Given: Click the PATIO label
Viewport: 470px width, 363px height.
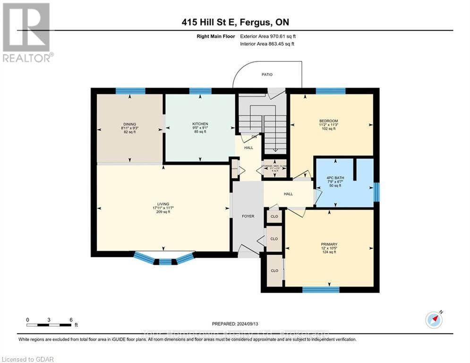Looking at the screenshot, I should [267, 75].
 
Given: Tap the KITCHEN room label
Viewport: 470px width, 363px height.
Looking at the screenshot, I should [200, 124].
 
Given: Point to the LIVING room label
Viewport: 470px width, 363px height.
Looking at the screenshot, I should [163, 204].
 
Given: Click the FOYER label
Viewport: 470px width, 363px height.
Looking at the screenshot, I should [248, 216].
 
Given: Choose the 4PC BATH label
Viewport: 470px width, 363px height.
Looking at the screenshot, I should [337, 178].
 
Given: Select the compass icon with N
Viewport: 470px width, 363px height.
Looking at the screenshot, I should [433, 320].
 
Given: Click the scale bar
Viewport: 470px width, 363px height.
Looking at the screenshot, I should [49, 325].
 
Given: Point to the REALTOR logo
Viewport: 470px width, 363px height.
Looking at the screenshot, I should [27, 32].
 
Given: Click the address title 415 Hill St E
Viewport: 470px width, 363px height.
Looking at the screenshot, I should [235, 22].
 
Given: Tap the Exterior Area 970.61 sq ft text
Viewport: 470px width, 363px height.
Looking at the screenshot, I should [269, 36].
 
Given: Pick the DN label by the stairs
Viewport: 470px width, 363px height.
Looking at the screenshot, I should [255, 137].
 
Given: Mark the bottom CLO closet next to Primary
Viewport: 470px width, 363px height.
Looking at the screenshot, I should [274, 270].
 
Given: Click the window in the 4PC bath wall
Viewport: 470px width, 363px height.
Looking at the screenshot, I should [376, 192].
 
